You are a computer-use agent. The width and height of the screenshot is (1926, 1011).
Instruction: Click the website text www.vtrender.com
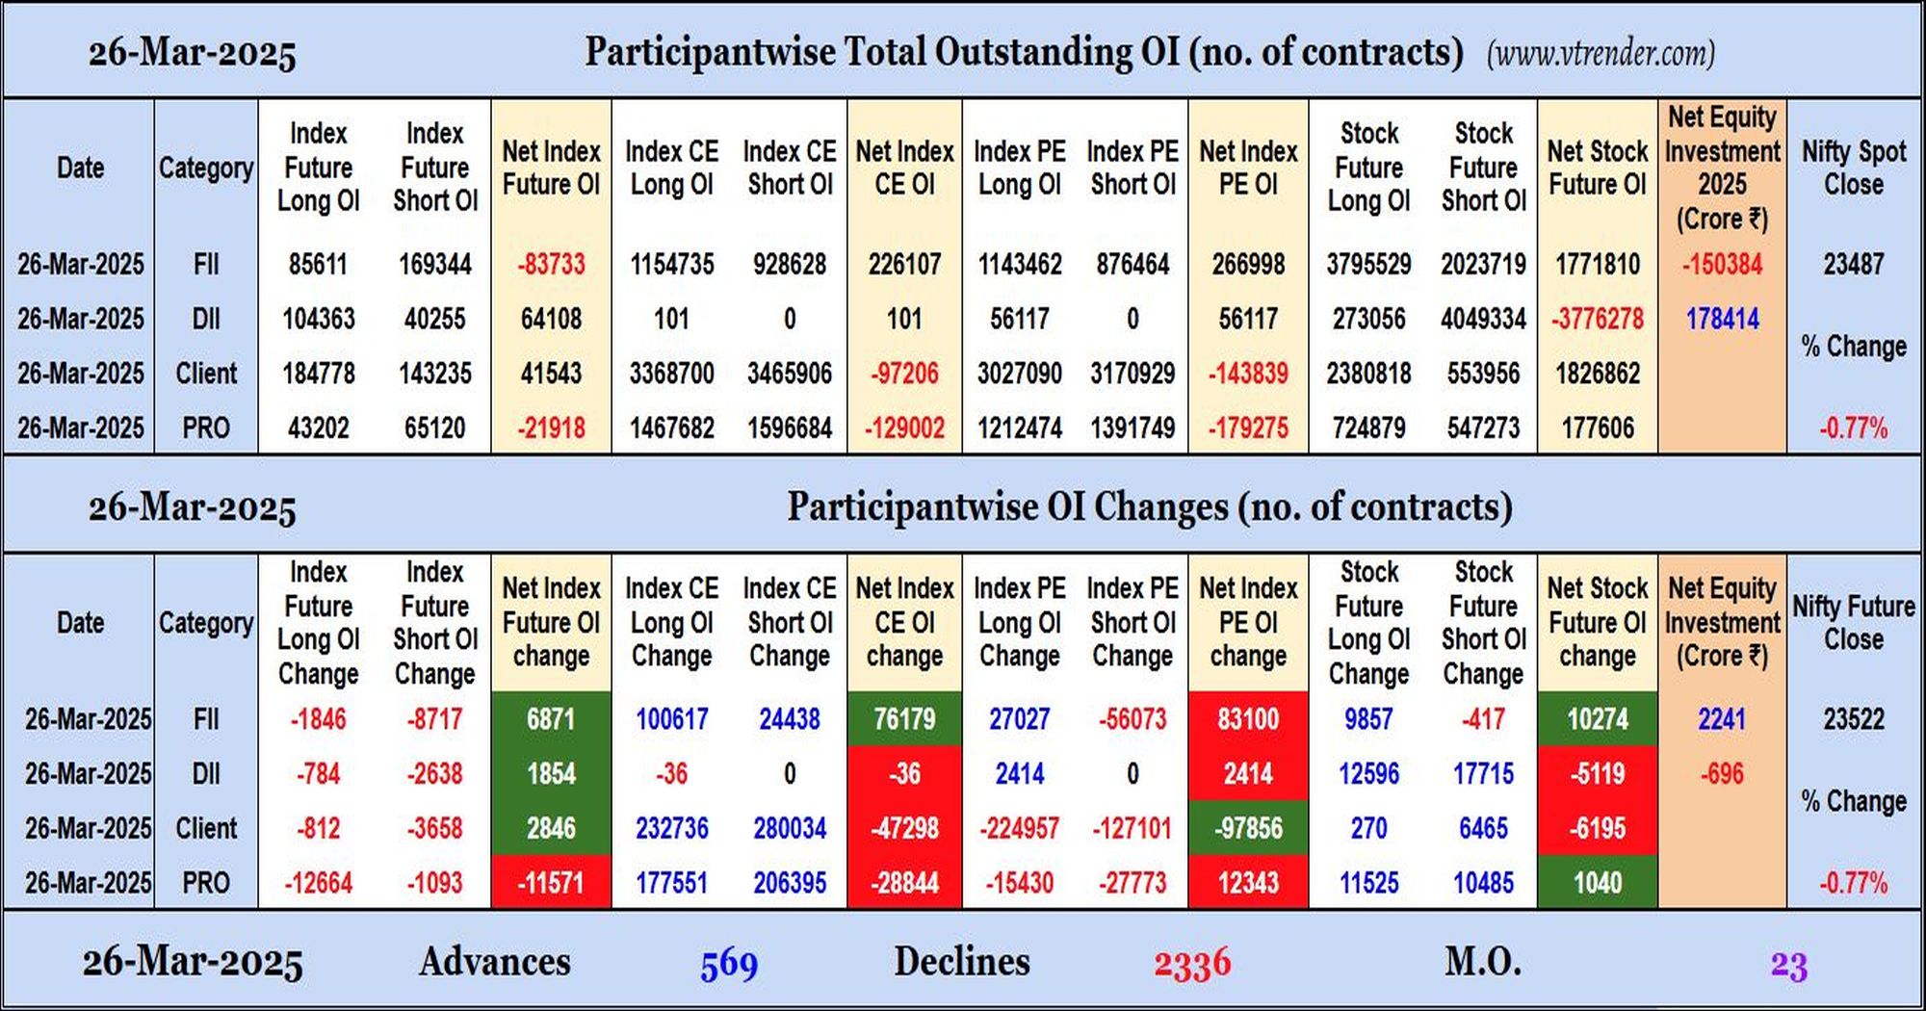pyautogui.click(x=1601, y=53)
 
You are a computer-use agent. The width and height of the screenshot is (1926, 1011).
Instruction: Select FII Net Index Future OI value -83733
pyautogui.click(x=551, y=264)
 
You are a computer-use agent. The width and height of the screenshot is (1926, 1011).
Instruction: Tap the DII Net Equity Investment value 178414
pyautogui.click(x=1722, y=319)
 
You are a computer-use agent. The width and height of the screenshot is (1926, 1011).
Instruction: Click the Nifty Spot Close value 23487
pyautogui.click(x=1853, y=264)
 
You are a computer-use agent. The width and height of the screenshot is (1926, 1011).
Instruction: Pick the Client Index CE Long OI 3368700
pyautogui.click(x=671, y=374)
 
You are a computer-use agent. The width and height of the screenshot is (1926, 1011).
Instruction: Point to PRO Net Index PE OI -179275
pyautogui.click(x=1248, y=428)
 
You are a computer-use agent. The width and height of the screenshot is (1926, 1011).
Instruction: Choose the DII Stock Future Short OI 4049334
pyautogui.click(x=1483, y=319)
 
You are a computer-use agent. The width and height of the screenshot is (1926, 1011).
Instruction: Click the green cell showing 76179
pyautogui.click(x=904, y=718)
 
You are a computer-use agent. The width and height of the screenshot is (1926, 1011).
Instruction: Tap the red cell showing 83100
pyautogui.click(x=1248, y=718)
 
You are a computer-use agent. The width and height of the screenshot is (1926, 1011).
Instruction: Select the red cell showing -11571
pyautogui.click(x=551, y=882)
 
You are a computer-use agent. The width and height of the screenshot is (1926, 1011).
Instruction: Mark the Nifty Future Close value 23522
pyautogui.click(x=1853, y=719)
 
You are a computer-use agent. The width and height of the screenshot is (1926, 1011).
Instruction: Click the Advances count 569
pyautogui.click(x=729, y=964)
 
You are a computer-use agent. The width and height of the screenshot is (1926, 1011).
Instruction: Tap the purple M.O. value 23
pyautogui.click(x=1788, y=965)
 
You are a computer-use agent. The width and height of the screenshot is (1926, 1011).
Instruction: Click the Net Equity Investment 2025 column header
pyautogui.click(x=1722, y=168)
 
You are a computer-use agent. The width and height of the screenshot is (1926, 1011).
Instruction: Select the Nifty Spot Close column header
pyautogui.click(x=1854, y=168)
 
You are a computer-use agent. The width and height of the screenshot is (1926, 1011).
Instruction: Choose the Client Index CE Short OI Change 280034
pyautogui.click(x=790, y=828)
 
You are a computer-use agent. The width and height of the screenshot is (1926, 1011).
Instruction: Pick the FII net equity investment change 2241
pyautogui.click(x=1722, y=719)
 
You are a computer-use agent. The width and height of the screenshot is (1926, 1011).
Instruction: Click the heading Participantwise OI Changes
pyautogui.click(x=1149, y=507)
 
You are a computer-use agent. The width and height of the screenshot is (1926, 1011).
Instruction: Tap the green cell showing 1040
pyautogui.click(x=1598, y=882)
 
